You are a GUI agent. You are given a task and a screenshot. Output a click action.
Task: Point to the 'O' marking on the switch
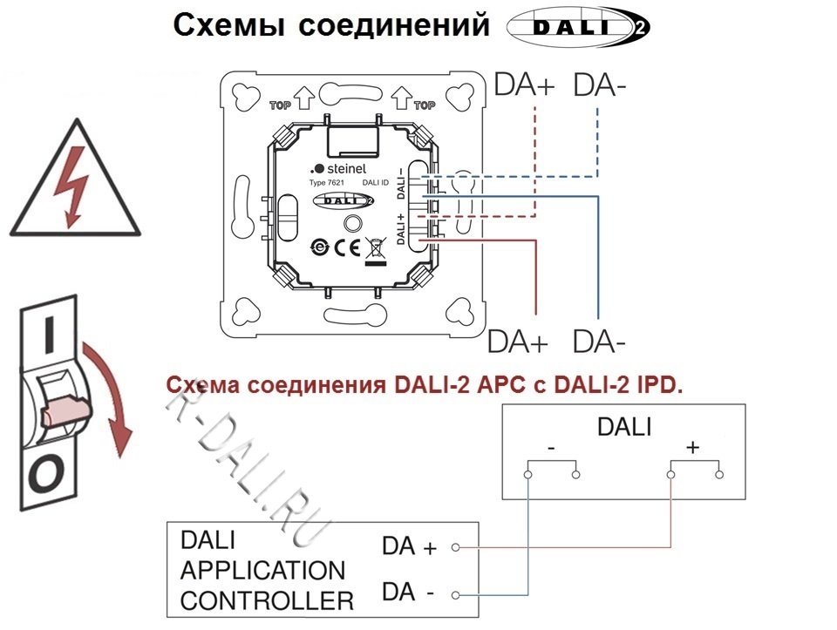[x=49, y=474]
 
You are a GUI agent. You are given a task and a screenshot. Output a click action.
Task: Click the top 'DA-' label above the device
[x=601, y=85]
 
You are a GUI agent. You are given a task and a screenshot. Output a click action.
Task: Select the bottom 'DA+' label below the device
[x=518, y=342]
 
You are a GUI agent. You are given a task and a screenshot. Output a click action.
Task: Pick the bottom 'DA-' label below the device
[x=600, y=342]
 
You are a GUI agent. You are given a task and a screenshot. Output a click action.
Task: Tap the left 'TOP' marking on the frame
[x=280, y=105]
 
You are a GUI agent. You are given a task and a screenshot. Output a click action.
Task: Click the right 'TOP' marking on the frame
[x=424, y=105]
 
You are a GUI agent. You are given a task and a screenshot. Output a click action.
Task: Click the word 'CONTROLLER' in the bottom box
[x=267, y=600]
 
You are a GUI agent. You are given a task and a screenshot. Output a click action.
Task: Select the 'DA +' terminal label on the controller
[x=409, y=547]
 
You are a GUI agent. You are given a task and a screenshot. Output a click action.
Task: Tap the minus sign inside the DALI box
[x=552, y=448]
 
